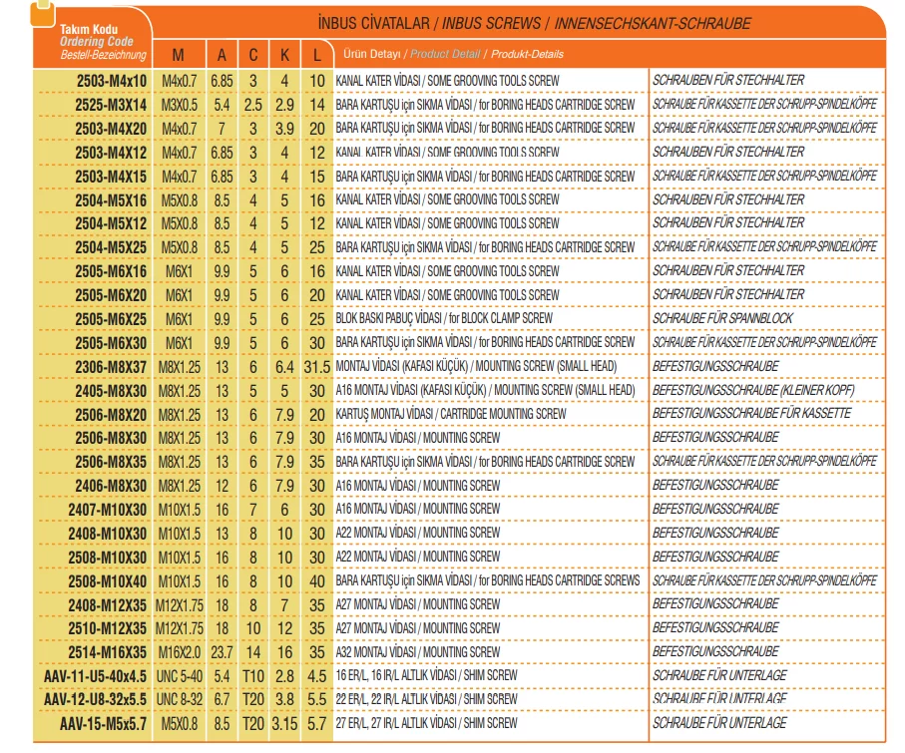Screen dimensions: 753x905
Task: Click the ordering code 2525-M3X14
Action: click(x=110, y=104)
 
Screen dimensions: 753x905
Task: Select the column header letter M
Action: click(x=178, y=56)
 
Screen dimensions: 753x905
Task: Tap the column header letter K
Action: click(x=285, y=56)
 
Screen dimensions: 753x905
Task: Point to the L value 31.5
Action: click(x=317, y=366)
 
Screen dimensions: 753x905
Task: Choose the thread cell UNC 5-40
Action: click(x=180, y=675)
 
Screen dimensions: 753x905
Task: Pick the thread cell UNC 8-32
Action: click(x=180, y=699)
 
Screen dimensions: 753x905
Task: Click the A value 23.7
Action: click(x=223, y=651)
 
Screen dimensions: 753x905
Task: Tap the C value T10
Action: click(x=254, y=675)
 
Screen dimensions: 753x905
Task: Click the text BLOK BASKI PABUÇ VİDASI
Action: click(x=389, y=318)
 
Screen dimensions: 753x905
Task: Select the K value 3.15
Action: click(x=285, y=723)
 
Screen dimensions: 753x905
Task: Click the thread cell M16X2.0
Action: click(x=181, y=651)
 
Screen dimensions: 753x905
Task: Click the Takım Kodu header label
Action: click(x=88, y=30)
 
